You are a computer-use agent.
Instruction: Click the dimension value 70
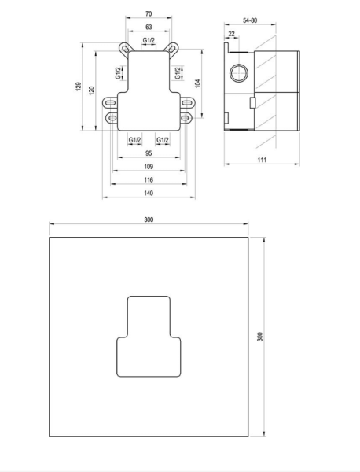click(149, 14)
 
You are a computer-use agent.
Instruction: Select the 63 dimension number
click(149, 27)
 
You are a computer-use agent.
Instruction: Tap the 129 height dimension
click(79, 87)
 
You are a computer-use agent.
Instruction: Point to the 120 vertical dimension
click(92, 90)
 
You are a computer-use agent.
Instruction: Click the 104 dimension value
click(197, 83)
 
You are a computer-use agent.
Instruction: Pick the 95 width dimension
click(149, 153)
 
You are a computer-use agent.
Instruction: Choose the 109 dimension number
click(149, 167)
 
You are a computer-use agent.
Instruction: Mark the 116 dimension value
click(149, 179)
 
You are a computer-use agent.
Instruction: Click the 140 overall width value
click(149, 193)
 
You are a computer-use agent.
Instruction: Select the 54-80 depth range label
click(250, 20)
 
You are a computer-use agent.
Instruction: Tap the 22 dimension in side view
click(231, 34)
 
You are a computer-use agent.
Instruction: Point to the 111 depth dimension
click(262, 160)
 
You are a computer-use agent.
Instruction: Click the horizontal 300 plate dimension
click(149, 219)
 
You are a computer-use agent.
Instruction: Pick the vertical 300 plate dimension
click(260, 337)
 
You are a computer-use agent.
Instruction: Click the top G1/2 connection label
click(149, 40)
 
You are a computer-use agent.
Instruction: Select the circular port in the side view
click(239, 73)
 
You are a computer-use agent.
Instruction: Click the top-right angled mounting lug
click(171, 49)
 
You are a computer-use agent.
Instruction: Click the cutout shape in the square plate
click(149, 337)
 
